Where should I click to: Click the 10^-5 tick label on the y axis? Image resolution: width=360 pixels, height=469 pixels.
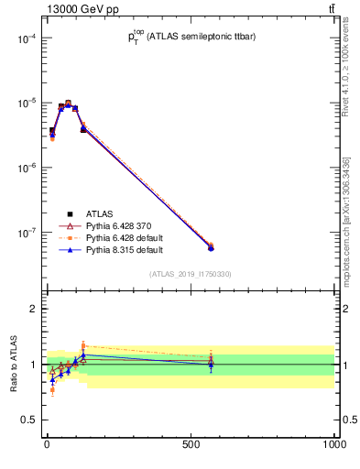click(x=26, y=104)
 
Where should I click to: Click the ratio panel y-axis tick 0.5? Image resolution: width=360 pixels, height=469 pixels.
click(x=31, y=420)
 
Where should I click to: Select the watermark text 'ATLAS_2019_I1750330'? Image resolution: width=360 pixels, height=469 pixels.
click(x=191, y=274)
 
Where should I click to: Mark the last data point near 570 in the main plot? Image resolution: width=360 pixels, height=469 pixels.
click(x=211, y=247)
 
